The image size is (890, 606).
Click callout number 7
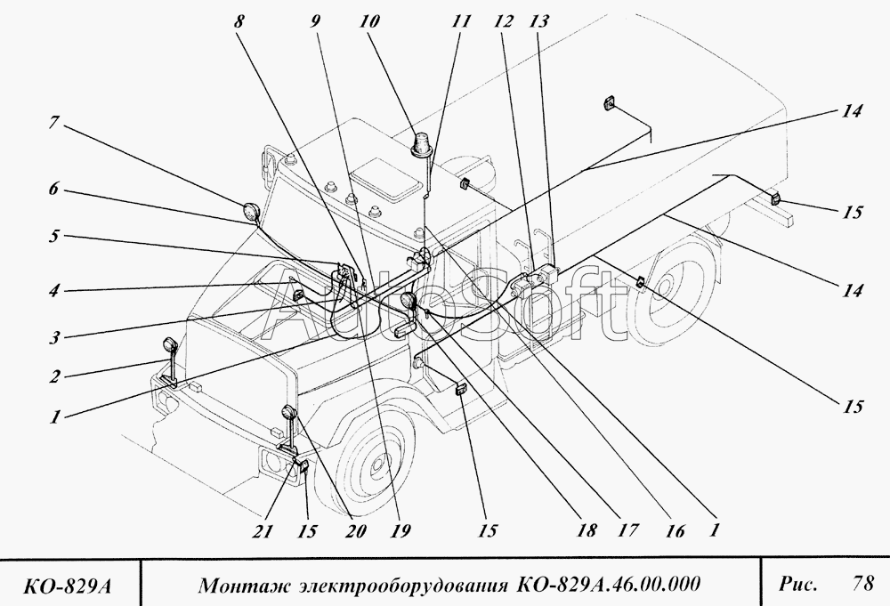[x=54, y=123]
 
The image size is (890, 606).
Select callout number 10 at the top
[x=369, y=21]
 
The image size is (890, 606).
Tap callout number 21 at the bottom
[x=263, y=531]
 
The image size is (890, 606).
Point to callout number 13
[x=539, y=21]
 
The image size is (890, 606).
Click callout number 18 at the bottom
[x=587, y=530]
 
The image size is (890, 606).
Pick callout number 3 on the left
[x=54, y=339]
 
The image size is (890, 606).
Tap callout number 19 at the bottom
[x=400, y=530]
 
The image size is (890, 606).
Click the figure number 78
[x=862, y=584]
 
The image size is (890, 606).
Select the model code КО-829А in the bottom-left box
[x=67, y=586]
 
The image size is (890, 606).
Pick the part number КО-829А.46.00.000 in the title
[x=609, y=584]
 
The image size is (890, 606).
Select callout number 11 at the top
[x=461, y=21]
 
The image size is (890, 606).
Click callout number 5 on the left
[x=54, y=236]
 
